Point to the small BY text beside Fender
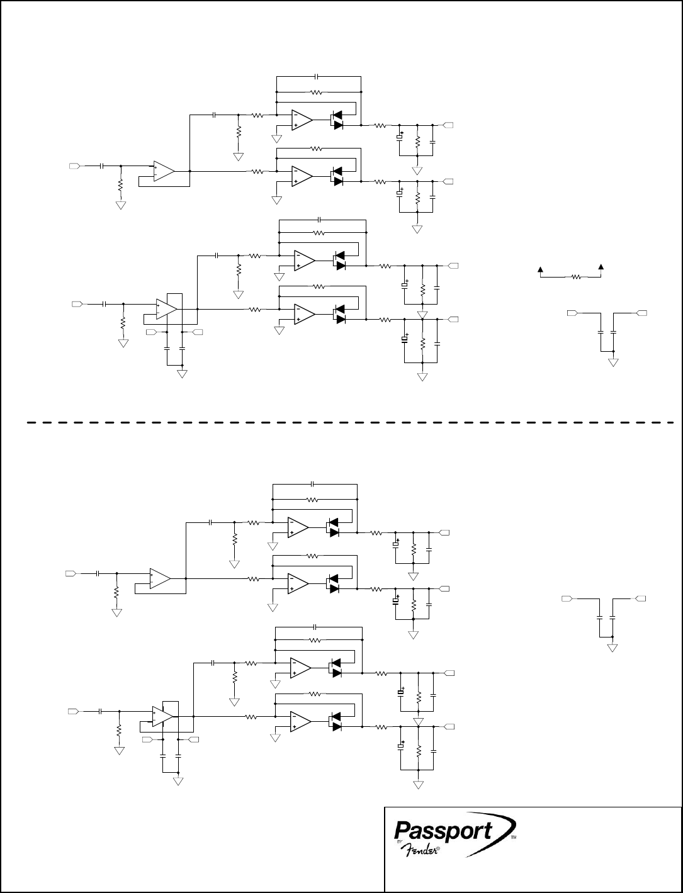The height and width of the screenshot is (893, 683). click(x=399, y=843)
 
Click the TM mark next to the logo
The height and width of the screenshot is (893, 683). click(x=513, y=839)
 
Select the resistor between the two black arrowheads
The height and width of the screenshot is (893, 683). click(x=576, y=276)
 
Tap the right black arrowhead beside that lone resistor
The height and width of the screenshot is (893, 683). click(x=602, y=268)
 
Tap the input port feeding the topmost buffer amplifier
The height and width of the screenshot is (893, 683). click(x=74, y=166)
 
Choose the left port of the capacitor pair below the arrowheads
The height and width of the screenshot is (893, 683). click(x=572, y=312)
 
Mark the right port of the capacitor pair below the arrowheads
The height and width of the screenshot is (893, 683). click(x=642, y=312)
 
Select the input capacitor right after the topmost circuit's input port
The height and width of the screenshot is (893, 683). click(x=101, y=166)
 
